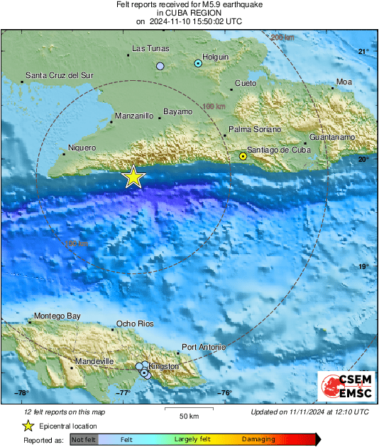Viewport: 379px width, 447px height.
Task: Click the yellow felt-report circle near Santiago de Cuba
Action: point(243,155)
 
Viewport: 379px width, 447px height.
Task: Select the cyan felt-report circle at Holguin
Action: point(199,64)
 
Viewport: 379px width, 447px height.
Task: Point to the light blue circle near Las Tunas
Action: point(160,66)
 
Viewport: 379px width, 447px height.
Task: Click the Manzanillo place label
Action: point(133,115)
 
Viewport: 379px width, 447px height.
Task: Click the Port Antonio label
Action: point(204,347)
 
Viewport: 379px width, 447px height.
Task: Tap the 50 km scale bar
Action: point(187,410)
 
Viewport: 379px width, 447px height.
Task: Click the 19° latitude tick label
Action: point(363,267)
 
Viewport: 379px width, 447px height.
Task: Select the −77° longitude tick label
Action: point(123,393)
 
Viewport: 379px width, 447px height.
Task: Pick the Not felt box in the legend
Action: point(84,440)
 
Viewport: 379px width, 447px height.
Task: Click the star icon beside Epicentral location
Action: point(28,426)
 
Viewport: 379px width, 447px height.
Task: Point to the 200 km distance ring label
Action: point(282,37)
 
